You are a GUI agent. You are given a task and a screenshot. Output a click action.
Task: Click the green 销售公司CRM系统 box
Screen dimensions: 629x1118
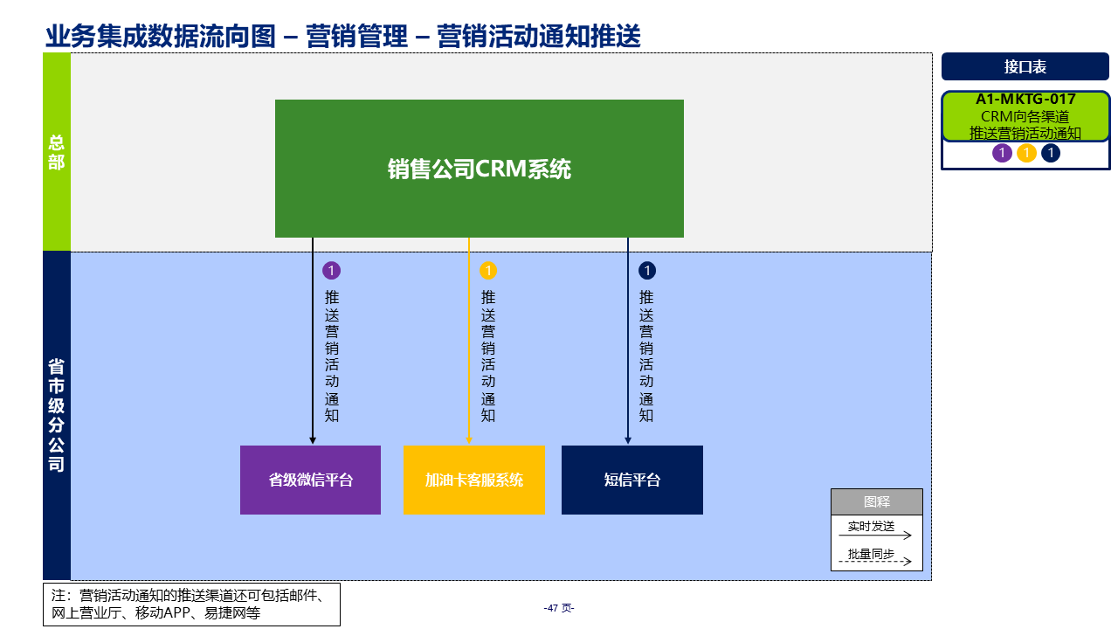coord(479,169)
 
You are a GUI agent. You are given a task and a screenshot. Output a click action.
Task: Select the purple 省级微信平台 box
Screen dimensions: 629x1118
coord(310,480)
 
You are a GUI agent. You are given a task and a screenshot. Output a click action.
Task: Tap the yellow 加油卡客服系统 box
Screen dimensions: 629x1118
coord(473,480)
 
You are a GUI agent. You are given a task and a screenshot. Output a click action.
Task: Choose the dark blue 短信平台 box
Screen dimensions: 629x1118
coord(631,480)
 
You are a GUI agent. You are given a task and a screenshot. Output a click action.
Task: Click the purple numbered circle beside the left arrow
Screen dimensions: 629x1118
coord(331,271)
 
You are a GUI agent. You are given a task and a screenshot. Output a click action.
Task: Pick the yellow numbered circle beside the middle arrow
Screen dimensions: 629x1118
coord(488,271)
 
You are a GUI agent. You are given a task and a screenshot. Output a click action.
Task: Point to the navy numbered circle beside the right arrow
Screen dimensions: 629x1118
coord(646,271)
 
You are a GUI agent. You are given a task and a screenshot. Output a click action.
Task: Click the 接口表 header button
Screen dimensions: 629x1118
coord(1025,66)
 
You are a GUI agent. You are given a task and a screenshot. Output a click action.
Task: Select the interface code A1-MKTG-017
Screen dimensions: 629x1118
coord(1025,100)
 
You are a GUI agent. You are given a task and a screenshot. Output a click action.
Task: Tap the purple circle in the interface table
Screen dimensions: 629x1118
coord(1002,154)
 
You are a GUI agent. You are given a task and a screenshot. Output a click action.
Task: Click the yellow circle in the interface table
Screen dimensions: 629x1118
coord(1026,154)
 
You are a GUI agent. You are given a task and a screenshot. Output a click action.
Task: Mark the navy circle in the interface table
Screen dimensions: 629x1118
coord(1050,154)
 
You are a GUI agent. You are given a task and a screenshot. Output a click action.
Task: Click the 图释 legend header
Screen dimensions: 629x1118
coord(876,501)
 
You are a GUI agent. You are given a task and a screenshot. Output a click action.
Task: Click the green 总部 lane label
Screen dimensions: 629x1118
coord(57,152)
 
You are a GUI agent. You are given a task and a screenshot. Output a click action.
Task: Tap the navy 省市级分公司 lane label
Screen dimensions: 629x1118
coord(57,415)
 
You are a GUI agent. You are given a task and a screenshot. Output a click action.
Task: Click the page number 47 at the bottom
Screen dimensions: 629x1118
coord(558,608)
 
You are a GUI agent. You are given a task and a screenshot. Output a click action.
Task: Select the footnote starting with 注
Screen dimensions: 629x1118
coord(191,605)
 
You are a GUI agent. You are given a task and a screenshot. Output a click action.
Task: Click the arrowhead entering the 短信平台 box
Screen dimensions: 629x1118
coord(627,440)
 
